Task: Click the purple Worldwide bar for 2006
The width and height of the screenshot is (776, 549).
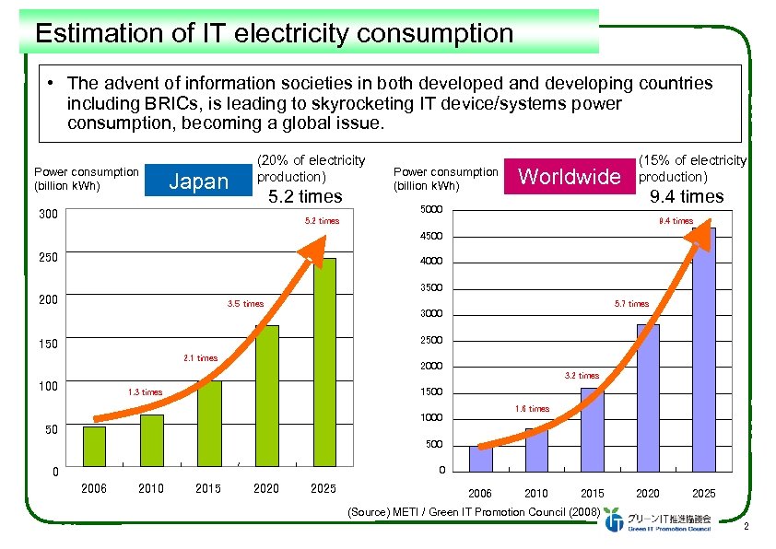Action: click(480, 458)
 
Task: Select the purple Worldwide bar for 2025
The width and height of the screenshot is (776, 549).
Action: click(704, 349)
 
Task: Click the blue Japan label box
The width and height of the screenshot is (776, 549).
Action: click(198, 181)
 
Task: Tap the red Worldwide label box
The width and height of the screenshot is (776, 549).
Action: click(570, 177)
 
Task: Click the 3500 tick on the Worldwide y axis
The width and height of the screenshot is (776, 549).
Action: click(431, 288)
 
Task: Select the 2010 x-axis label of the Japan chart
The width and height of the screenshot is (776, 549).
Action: click(151, 488)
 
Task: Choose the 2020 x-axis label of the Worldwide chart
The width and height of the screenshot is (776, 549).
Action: click(648, 494)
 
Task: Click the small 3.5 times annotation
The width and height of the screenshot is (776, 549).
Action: click(245, 303)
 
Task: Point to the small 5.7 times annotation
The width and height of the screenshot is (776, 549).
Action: click(631, 303)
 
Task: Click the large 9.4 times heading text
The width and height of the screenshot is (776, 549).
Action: click(687, 196)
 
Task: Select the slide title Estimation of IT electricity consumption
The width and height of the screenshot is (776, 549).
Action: click(274, 34)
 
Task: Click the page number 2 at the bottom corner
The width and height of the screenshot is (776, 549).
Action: click(745, 526)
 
